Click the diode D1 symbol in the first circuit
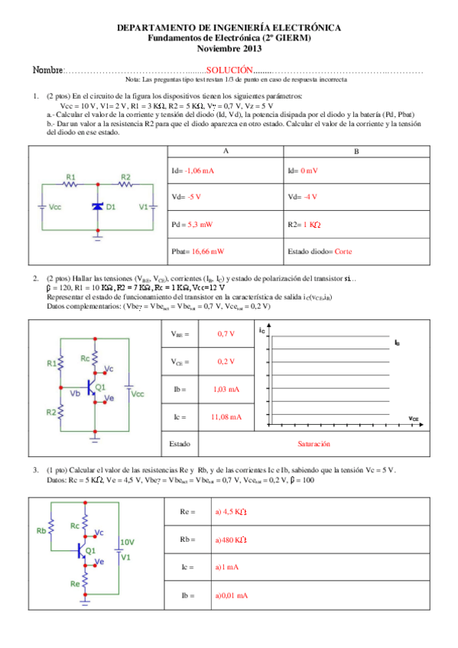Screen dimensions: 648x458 pyautogui.click(x=97, y=207)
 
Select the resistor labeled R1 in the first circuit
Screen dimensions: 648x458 pyautogui.click(x=71, y=184)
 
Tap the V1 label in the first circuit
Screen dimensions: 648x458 pyautogui.click(x=143, y=207)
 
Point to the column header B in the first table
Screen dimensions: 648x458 pyautogui.click(x=356, y=152)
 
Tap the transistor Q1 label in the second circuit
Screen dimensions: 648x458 pyautogui.click(x=101, y=387)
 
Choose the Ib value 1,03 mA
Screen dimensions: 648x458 pyautogui.click(x=225, y=389)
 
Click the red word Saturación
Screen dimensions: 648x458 pyautogui.click(x=313, y=442)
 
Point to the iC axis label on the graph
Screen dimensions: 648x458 pyautogui.click(x=263, y=330)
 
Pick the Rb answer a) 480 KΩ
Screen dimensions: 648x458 pyautogui.click(x=234, y=539)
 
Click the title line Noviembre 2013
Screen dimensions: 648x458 pyautogui.click(x=229, y=48)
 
